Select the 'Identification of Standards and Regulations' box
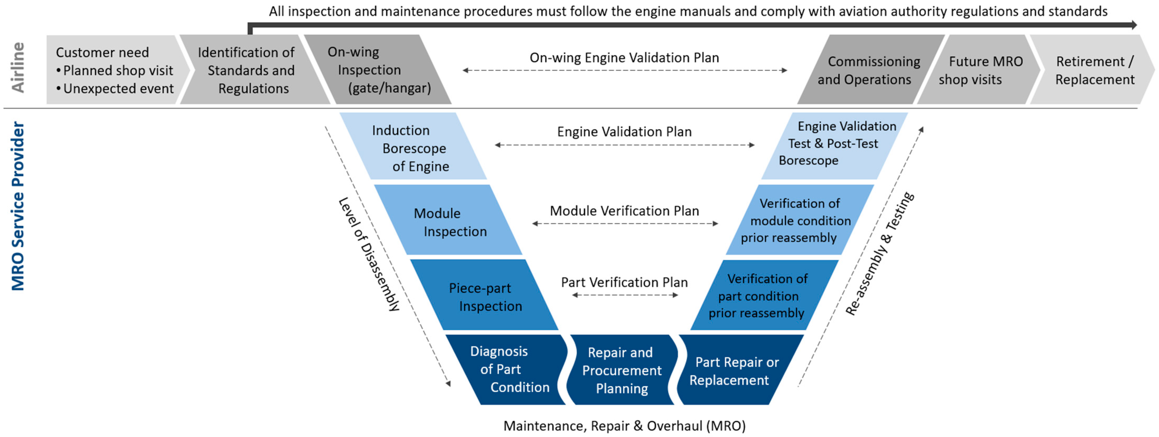[x=250, y=70]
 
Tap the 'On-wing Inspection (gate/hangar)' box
[x=378, y=70]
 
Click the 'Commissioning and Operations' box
[x=868, y=70]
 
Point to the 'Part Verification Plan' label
[x=625, y=282]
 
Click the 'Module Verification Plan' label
[x=625, y=211]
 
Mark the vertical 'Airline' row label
[x=18, y=67]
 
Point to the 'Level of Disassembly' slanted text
[x=369, y=254]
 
